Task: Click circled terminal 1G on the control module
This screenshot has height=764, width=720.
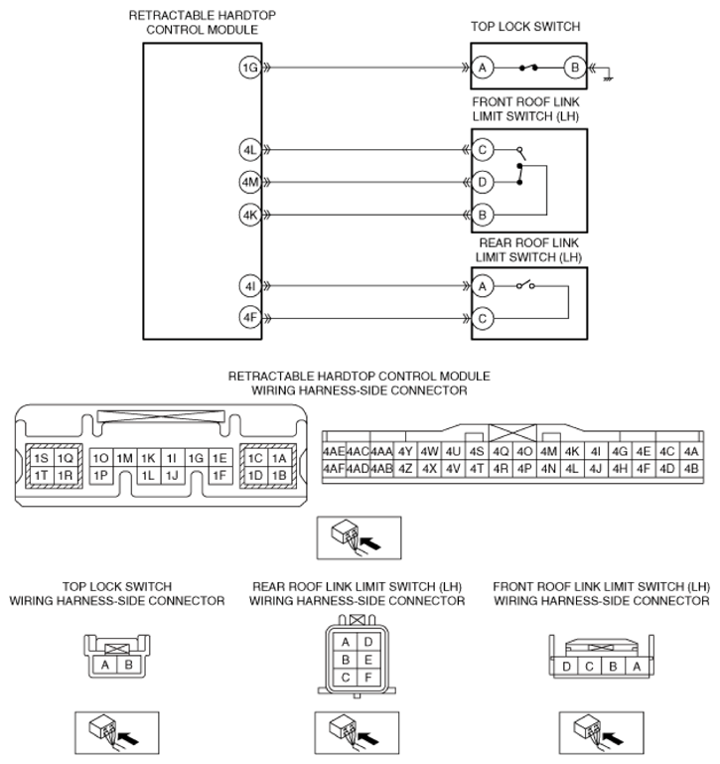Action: click(x=248, y=68)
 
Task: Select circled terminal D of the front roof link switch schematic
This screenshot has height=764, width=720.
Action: click(x=483, y=182)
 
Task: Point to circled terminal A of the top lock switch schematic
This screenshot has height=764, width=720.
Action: click(x=483, y=68)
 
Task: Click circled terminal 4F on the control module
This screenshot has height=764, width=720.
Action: click(x=248, y=318)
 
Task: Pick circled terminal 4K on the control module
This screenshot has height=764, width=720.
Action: click(x=248, y=214)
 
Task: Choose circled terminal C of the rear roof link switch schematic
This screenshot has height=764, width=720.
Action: click(x=483, y=318)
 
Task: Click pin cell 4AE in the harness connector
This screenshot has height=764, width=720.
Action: click(x=334, y=451)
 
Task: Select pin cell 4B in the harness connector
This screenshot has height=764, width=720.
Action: click(x=691, y=468)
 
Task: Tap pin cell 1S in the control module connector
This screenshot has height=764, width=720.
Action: click(x=41, y=458)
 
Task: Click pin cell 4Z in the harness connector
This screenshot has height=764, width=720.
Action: click(x=405, y=468)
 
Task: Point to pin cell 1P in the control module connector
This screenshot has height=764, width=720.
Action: click(x=100, y=475)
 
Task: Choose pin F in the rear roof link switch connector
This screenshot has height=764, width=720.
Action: click(x=368, y=678)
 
